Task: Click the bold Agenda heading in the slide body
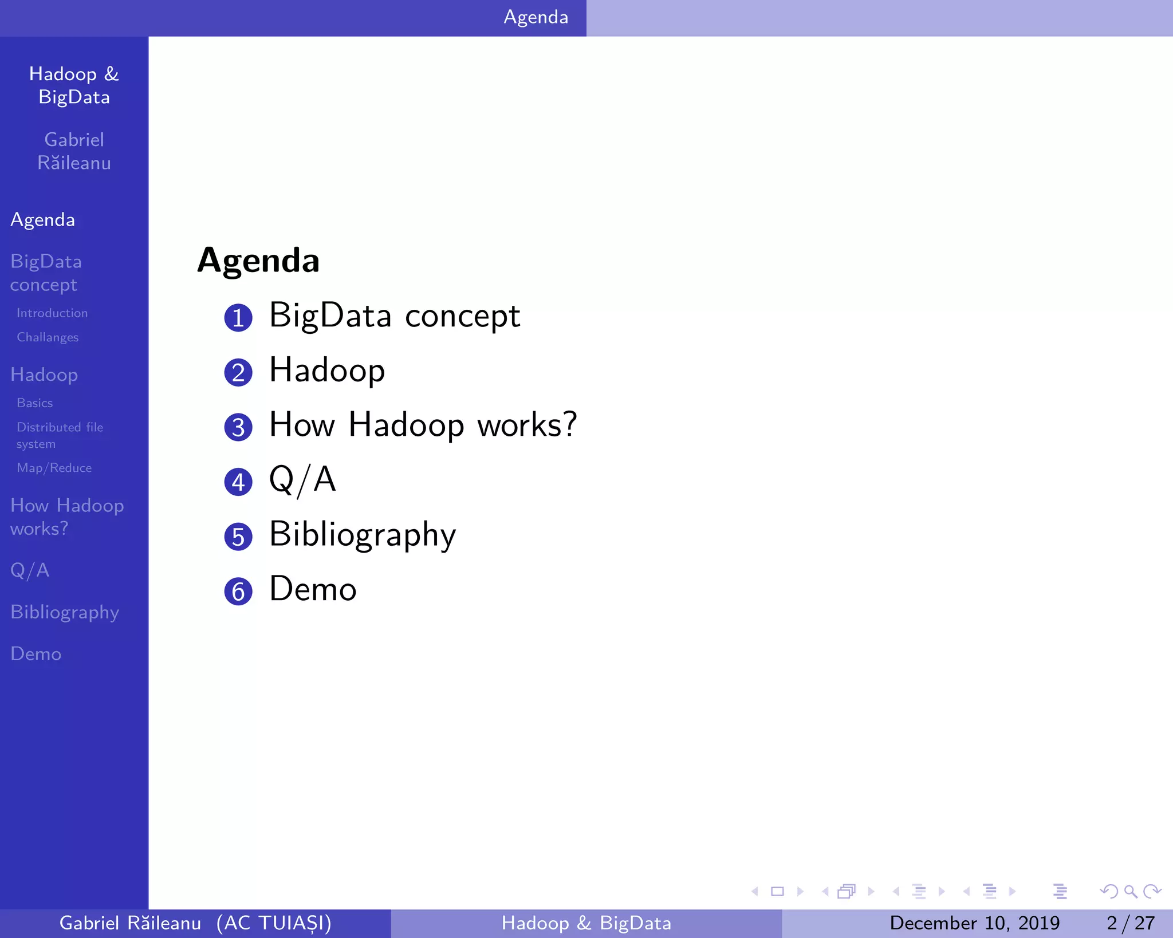coord(258,261)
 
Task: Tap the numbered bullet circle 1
coord(238,318)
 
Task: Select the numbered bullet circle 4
coord(238,482)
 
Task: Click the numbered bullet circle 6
coord(238,592)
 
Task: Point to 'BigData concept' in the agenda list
coord(395,316)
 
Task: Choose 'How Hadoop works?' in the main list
coord(423,425)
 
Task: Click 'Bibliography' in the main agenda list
coord(363,535)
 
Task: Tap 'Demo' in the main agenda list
coord(313,589)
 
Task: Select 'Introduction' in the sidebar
coord(52,313)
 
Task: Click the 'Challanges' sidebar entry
coord(48,337)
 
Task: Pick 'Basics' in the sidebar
coord(35,403)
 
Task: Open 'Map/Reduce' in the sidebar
coord(54,468)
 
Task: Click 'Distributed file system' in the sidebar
coord(60,435)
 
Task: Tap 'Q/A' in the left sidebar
coord(30,570)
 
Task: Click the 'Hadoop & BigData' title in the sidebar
coord(74,85)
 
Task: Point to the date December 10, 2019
coord(974,923)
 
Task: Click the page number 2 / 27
coord(1130,923)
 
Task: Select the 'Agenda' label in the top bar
coord(536,17)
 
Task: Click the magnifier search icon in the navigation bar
coord(1130,891)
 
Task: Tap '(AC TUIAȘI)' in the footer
coord(274,923)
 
